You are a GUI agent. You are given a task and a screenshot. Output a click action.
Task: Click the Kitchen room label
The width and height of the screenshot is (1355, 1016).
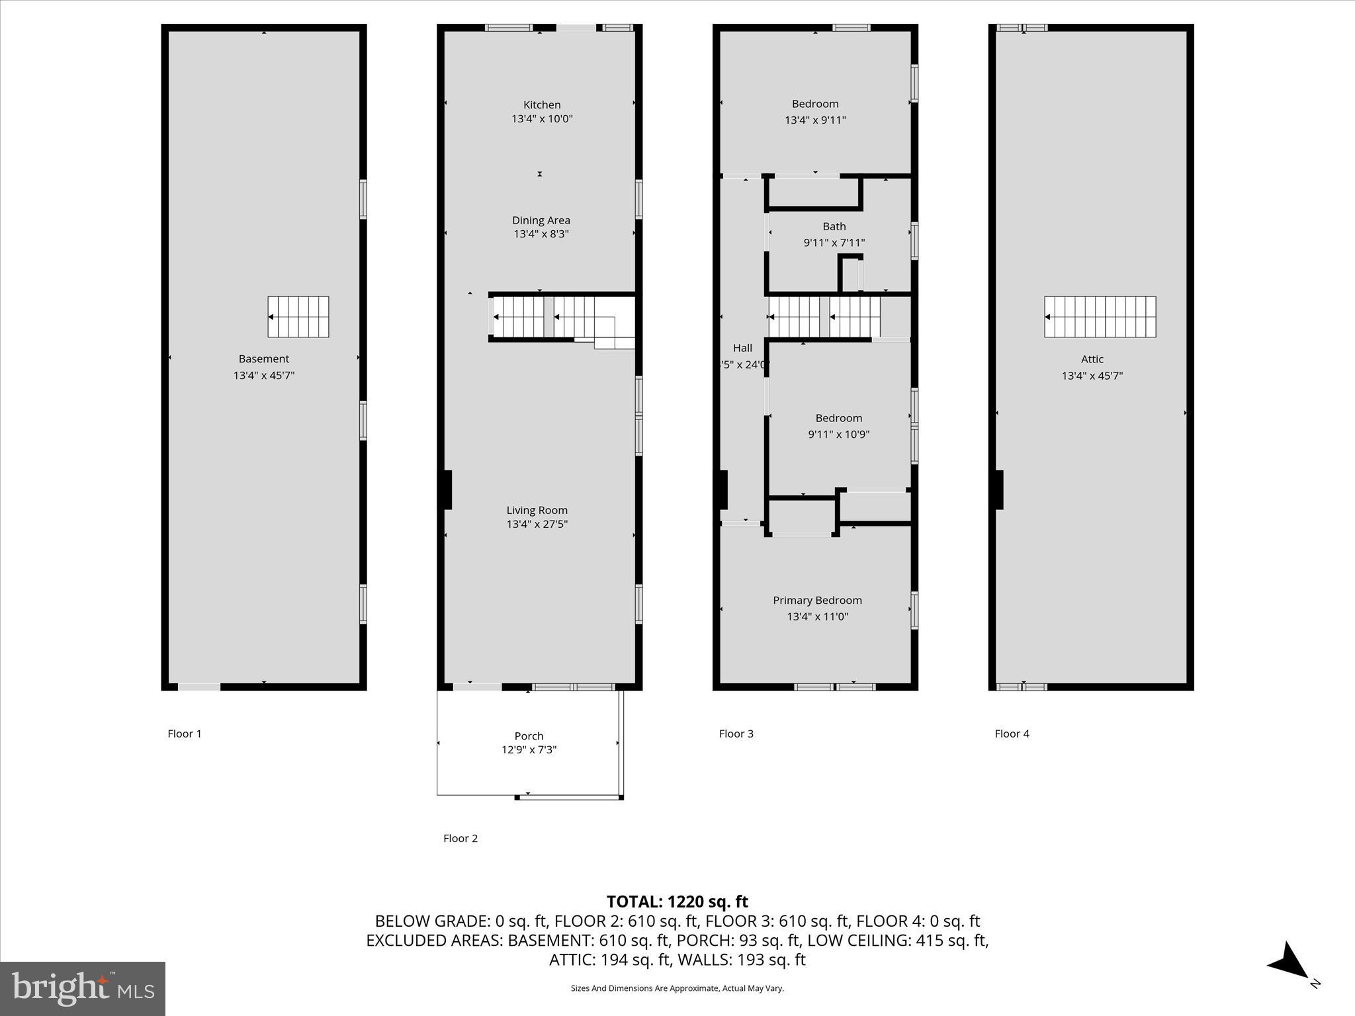(542, 105)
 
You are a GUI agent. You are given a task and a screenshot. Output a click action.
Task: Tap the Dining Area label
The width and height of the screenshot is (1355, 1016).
(541, 220)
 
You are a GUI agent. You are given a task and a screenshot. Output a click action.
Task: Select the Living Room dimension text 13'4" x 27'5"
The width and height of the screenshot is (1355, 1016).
(537, 525)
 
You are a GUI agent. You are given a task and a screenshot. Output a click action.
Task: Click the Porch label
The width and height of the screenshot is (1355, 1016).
(529, 736)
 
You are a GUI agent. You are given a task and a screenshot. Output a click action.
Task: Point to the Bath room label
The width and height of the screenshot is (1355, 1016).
(834, 226)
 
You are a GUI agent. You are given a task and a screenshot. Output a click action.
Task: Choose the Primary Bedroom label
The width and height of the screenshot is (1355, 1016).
(817, 601)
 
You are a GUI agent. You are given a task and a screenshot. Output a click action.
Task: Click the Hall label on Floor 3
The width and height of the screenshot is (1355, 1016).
(742, 348)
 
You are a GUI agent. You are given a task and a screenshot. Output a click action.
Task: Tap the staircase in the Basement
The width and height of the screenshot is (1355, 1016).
(298, 317)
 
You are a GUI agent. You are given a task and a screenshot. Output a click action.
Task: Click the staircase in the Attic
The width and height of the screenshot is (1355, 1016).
(1100, 317)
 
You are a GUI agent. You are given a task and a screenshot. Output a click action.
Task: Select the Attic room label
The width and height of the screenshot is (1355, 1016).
(1092, 359)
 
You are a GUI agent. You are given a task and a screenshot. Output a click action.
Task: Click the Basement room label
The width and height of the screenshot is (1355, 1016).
(264, 359)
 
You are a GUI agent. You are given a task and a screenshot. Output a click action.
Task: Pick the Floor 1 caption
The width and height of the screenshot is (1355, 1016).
(185, 734)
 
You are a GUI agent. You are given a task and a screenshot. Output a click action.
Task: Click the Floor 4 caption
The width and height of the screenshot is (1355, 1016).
(1012, 734)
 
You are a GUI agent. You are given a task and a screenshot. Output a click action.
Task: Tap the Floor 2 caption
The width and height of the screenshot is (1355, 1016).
(460, 839)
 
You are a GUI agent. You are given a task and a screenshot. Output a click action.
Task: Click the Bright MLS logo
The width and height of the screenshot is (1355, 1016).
(83, 988)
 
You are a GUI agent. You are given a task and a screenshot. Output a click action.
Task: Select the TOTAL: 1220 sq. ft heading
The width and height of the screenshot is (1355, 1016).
(677, 902)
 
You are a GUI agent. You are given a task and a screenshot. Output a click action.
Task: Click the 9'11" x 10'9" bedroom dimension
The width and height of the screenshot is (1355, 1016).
(838, 435)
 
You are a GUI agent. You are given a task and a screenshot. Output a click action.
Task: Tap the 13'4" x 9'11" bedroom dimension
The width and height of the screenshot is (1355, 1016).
(815, 120)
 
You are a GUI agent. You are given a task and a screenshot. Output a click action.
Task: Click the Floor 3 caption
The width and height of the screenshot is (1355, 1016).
(736, 734)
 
